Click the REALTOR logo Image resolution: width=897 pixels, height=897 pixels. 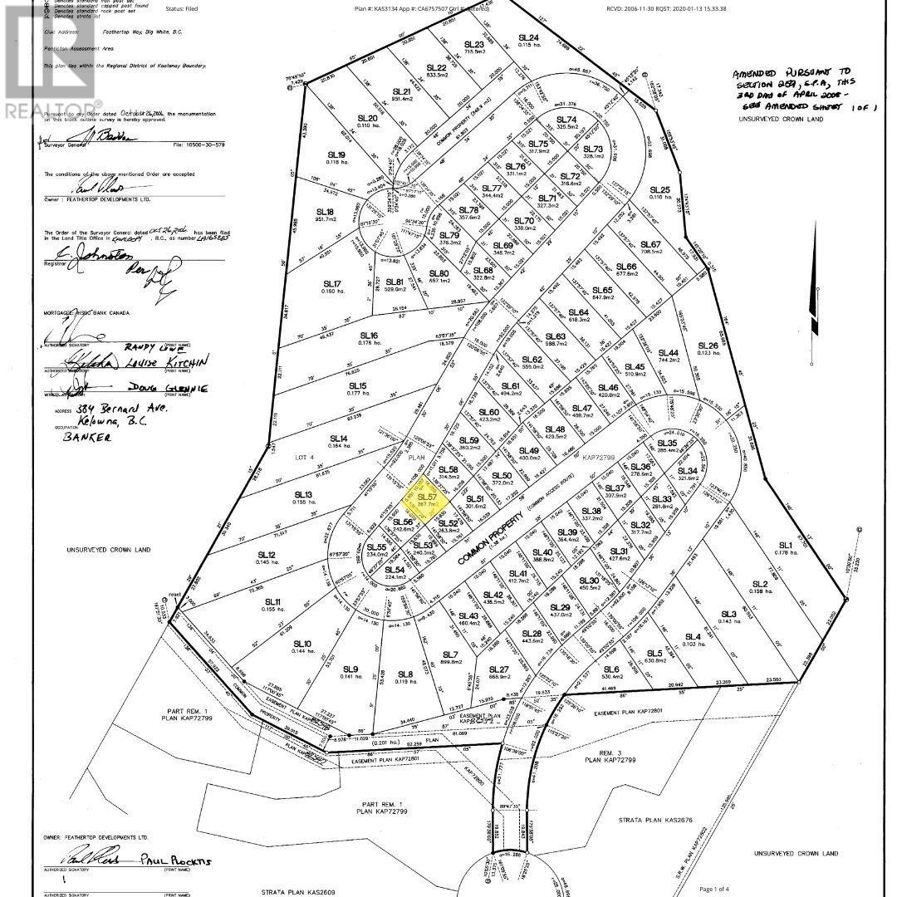tap(47, 62)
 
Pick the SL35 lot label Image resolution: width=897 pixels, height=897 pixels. tap(668, 444)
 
